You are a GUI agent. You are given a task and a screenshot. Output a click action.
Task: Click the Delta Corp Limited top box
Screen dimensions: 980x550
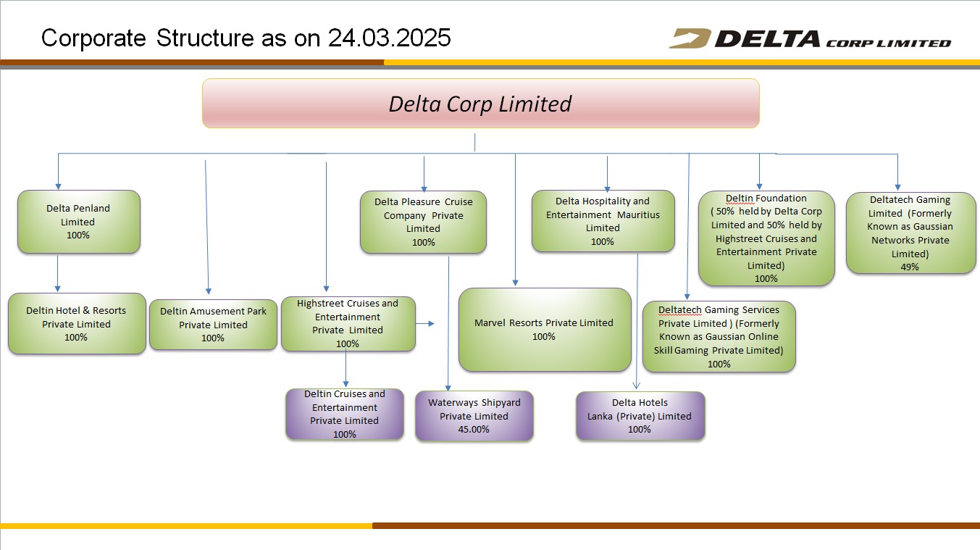[481, 104]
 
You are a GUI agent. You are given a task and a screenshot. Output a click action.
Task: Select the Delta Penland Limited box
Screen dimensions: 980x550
[79, 222]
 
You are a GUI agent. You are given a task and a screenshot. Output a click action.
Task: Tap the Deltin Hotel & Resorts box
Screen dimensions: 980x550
[77, 323]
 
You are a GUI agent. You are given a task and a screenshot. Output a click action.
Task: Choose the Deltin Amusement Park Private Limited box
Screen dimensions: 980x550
[213, 324]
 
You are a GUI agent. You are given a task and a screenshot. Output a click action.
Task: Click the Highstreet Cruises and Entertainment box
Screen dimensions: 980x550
[348, 323]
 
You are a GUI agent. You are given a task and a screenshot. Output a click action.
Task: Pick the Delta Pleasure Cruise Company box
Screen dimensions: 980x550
[423, 222]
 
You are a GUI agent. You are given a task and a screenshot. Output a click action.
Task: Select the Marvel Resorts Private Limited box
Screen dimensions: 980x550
[545, 330]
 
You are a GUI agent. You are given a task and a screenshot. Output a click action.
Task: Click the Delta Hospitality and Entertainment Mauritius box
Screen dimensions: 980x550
[603, 221]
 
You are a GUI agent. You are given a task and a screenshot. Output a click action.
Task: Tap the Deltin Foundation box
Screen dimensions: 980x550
[766, 238]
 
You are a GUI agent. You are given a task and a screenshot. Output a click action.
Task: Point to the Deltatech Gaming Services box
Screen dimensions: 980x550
[719, 336]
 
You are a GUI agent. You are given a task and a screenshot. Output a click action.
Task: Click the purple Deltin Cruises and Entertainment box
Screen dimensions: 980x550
[345, 414]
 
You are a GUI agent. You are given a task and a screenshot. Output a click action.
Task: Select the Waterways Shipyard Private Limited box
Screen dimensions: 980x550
[474, 416]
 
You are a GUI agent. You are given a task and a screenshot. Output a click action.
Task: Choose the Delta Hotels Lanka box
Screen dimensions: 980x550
[640, 416]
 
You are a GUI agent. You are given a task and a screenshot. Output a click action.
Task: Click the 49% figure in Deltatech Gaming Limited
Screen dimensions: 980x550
[910, 267]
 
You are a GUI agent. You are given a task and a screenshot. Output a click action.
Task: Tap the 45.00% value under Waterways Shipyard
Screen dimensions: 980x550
[474, 429]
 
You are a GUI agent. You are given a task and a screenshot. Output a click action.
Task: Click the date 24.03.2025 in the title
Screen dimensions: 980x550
[390, 38]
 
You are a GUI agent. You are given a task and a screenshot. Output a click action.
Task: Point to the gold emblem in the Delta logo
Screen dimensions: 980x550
[690, 38]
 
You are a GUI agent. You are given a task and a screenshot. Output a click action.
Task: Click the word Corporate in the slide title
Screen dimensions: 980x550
[93, 38]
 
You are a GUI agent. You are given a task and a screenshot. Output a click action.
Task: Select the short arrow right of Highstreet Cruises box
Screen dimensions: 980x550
[425, 323]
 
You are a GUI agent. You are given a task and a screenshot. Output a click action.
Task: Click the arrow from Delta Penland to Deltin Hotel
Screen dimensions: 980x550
[57, 273]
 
